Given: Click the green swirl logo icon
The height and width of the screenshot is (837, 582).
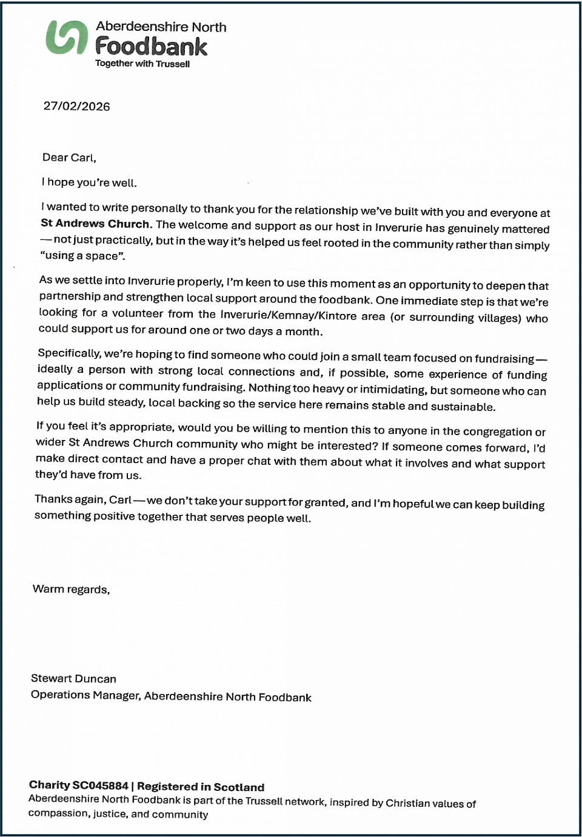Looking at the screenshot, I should pyautogui.click(x=66, y=37).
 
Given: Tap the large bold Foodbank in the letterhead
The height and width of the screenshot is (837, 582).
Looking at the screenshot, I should pyautogui.click(x=151, y=46).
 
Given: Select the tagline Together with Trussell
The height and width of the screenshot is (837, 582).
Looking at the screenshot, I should pyautogui.click(x=142, y=64).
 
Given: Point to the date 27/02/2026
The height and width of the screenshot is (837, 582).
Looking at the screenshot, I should pyautogui.click(x=76, y=106).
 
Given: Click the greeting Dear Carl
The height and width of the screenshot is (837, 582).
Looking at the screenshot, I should pyautogui.click(x=69, y=158).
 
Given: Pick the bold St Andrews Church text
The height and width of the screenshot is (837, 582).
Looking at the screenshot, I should pyautogui.click(x=95, y=224).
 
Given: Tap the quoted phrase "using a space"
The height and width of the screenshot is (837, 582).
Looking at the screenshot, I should pyautogui.click(x=82, y=256).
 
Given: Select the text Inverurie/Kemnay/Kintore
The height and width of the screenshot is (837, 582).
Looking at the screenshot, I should pyautogui.click(x=288, y=315).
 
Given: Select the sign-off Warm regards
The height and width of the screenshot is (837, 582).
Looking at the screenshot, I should pyautogui.click(x=71, y=589).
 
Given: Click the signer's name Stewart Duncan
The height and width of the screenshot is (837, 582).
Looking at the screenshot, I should pyautogui.click(x=73, y=679).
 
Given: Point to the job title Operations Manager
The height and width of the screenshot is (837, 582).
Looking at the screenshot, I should pyautogui.click(x=85, y=695).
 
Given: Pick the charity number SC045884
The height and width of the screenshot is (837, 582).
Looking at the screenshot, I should pyautogui.click(x=100, y=785).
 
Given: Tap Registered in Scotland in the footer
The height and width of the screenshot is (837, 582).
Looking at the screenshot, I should pyautogui.click(x=201, y=787).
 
